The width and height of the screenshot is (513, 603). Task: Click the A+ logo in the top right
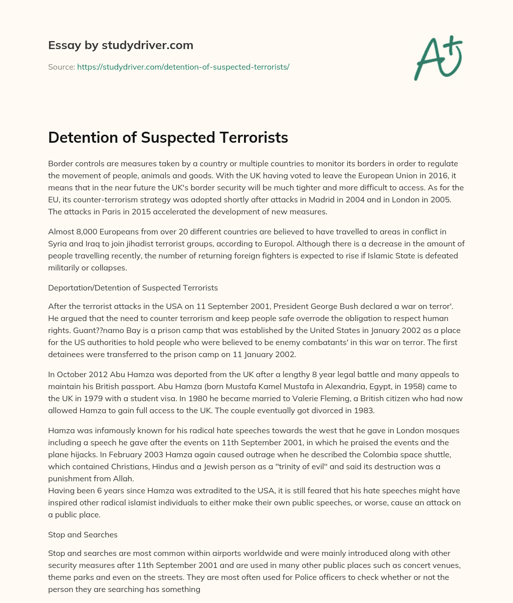tap(437, 58)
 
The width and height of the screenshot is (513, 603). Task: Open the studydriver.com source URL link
tap(183, 67)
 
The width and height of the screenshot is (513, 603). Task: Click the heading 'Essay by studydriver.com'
tap(120, 45)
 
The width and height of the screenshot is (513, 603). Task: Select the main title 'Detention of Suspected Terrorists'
tap(168, 137)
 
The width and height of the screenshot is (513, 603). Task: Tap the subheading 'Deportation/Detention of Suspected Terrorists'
tap(133, 287)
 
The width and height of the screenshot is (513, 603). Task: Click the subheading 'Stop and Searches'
tap(83, 534)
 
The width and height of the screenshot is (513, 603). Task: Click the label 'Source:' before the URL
tap(62, 67)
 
